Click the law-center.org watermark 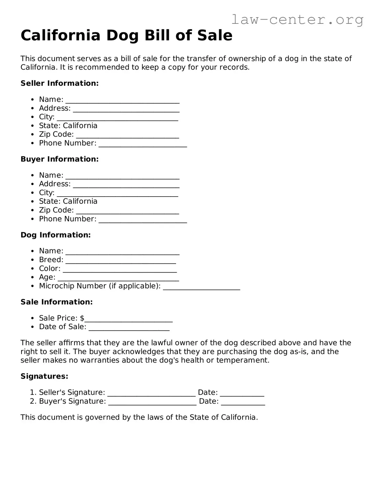pyautogui.click(x=297, y=20)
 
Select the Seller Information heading pyautogui.click(x=60, y=83)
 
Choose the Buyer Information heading pyautogui.click(x=60, y=159)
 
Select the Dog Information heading pyautogui.click(x=56, y=235)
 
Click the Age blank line pyautogui.click(x=118, y=278)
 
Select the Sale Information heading pyautogui.click(x=57, y=302)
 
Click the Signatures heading pyautogui.click(x=44, y=376)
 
